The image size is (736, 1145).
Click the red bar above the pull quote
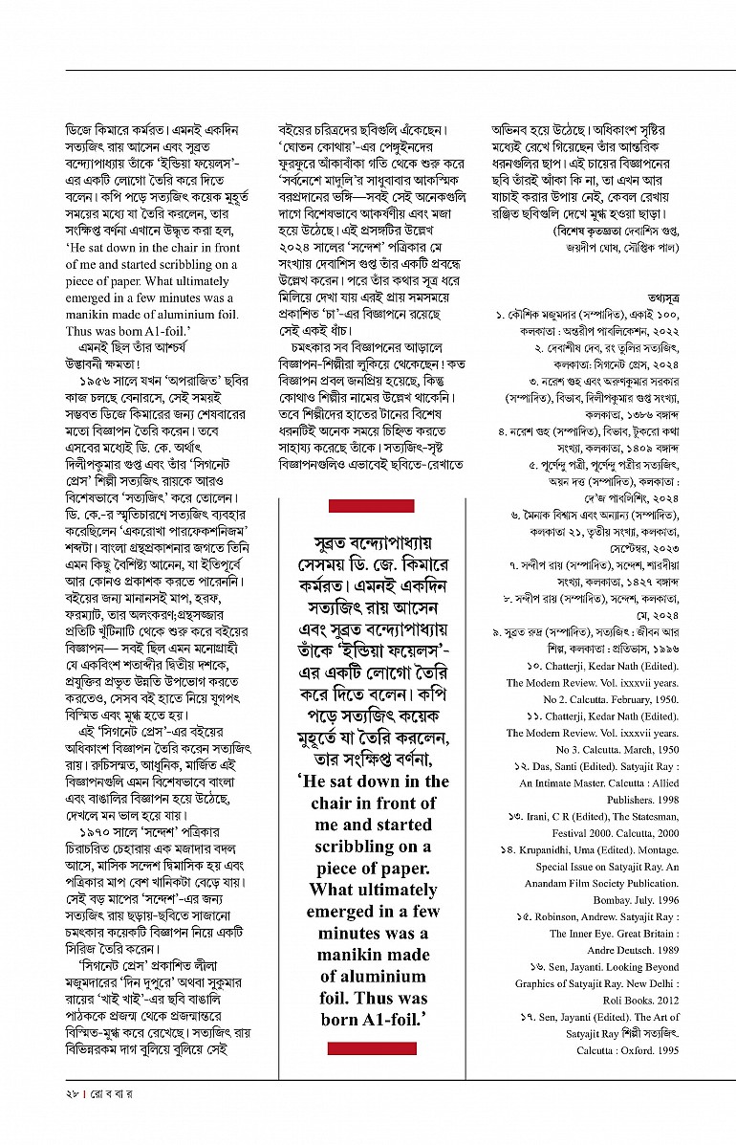pos(371,505)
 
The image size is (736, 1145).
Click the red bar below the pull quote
pos(371,1049)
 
